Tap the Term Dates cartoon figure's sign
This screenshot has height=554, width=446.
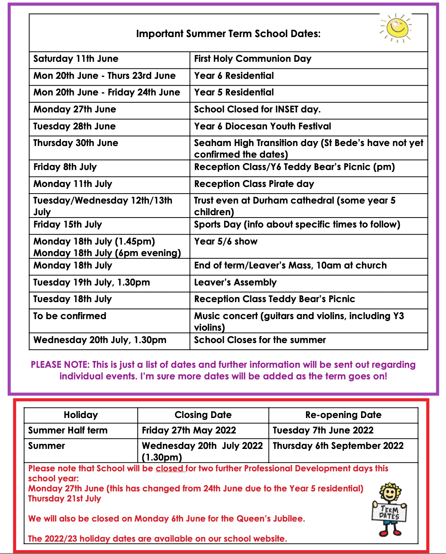coord(389,512)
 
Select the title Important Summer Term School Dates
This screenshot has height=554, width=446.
coord(228,34)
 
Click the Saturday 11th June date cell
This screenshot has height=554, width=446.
coord(76,59)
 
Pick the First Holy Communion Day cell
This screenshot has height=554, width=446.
coord(252,59)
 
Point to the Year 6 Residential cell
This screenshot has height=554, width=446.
coord(234,76)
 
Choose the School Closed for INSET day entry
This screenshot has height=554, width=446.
coord(257,109)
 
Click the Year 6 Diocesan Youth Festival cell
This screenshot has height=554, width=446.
coord(262,126)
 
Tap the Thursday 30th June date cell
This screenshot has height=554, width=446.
coord(76,143)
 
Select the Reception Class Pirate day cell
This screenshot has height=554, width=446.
coord(254,184)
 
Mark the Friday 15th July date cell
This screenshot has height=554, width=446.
coord(68,224)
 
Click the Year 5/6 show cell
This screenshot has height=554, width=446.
coord(226,241)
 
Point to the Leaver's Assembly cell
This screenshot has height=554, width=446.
coord(235,282)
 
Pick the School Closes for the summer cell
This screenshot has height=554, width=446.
coord(260,340)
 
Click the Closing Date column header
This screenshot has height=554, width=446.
coord(203,415)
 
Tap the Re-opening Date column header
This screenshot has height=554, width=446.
coord(343,415)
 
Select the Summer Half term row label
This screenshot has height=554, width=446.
coord(68,430)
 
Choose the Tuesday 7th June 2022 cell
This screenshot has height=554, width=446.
coord(323,430)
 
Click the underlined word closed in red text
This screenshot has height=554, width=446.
coord(170,469)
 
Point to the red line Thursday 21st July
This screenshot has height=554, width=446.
coord(64,499)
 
